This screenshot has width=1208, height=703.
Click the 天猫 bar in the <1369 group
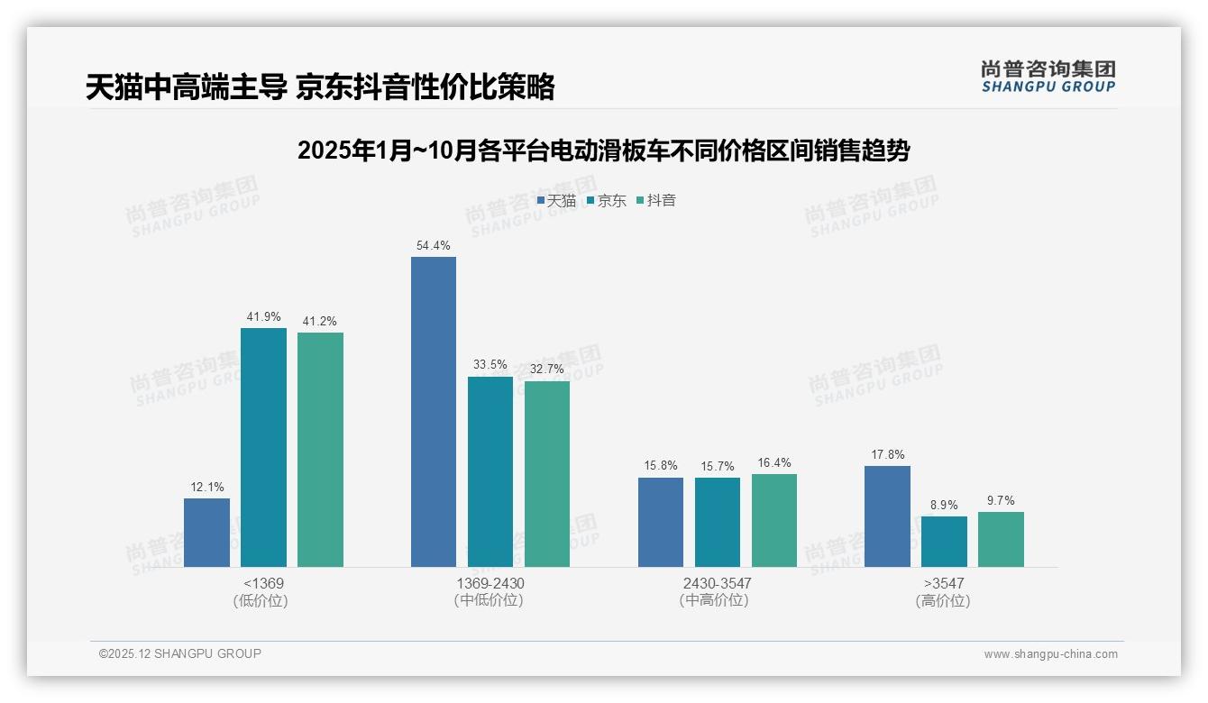(x=206, y=533)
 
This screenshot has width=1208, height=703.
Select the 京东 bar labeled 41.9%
(x=263, y=448)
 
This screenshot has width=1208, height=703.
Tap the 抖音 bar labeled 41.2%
(x=320, y=450)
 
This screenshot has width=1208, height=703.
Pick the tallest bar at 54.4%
(x=434, y=412)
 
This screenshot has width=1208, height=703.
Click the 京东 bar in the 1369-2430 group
(x=490, y=471)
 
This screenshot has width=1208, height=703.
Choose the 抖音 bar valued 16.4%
(x=774, y=520)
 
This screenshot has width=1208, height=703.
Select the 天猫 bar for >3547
(x=887, y=516)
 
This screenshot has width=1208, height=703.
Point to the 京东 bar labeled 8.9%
(x=944, y=542)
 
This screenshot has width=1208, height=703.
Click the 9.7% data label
(x=1001, y=500)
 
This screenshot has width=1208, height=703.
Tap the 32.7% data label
(x=547, y=369)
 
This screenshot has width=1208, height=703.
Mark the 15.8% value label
(x=661, y=466)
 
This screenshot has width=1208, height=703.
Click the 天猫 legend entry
(x=556, y=201)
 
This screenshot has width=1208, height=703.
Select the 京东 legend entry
(x=607, y=201)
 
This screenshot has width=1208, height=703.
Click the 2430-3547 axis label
(x=717, y=583)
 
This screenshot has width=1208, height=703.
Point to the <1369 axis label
(x=262, y=583)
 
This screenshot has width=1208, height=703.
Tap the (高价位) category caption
(x=943, y=601)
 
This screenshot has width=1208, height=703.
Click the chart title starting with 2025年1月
(x=603, y=151)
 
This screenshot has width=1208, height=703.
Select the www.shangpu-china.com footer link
(x=1050, y=654)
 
